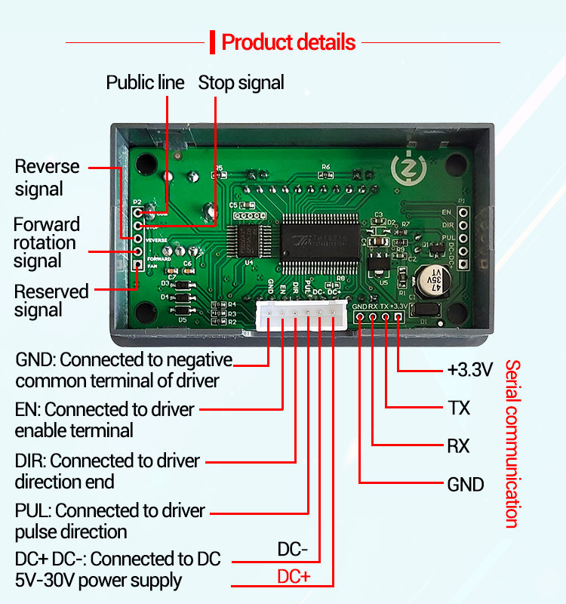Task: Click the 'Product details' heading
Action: tap(288, 42)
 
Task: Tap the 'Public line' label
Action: tap(145, 82)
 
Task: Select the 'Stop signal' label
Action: tap(241, 82)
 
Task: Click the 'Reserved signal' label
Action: tap(51, 300)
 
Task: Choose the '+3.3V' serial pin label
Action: tap(469, 370)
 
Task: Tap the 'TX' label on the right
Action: tap(459, 408)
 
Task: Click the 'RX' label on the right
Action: tap(458, 446)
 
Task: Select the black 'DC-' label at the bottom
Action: tap(293, 549)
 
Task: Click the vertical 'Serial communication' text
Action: tap(512, 443)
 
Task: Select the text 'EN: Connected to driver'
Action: tap(105, 409)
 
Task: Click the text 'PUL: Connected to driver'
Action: tap(109, 511)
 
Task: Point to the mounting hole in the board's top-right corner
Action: tap(457, 165)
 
